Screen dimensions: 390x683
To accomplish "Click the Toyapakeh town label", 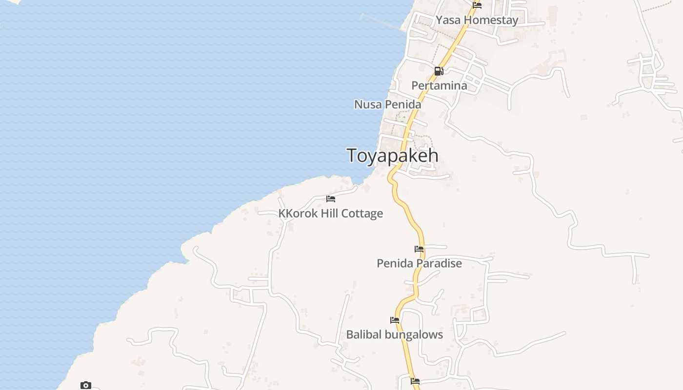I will coord(392,156).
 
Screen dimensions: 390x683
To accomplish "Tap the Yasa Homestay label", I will coord(477,20).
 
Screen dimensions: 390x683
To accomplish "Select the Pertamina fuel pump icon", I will coord(439,71).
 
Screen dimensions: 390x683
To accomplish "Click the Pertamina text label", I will coord(439,86).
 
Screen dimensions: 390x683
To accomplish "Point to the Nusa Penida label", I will coord(387,104).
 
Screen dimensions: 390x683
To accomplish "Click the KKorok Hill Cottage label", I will coord(330,214).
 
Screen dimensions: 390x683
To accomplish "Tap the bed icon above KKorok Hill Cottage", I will coord(331,199).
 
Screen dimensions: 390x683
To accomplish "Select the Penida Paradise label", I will coord(419,264).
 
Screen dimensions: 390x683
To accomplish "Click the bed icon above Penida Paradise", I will coord(419,249).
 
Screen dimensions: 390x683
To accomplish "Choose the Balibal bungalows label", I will coord(394,335).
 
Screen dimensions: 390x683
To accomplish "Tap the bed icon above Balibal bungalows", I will coord(395,320).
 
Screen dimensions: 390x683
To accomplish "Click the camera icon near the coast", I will coord(86,386).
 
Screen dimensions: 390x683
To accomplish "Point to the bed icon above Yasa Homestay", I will coord(477,5).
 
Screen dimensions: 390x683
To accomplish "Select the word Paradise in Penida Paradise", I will coord(438,264).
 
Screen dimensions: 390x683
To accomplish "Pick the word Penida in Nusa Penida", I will coord(402,104).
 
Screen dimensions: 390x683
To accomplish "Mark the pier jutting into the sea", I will coord(383,22).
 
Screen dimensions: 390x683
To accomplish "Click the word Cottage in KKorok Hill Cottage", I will coord(362,214).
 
